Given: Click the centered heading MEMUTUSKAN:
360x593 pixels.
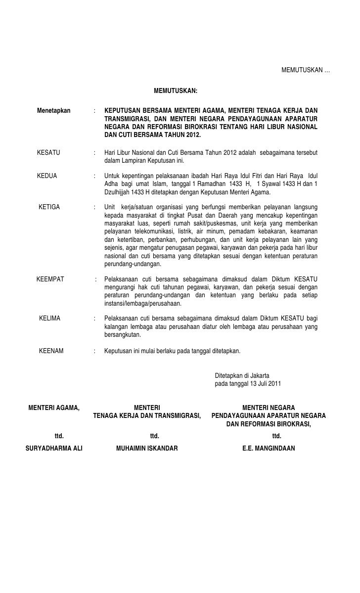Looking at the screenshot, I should click(x=176, y=91).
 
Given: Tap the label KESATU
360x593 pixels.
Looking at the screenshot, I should click(x=48, y=152).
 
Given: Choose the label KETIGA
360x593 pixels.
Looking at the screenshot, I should click(x=49, y=207).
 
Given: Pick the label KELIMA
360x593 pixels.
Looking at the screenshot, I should click(x=49, y=318).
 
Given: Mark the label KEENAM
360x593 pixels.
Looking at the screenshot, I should click(x=51, y=351).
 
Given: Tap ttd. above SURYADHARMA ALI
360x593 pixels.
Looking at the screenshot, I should click(x=59, y=436).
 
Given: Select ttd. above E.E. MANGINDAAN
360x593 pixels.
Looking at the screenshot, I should click(x=277, y=436).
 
